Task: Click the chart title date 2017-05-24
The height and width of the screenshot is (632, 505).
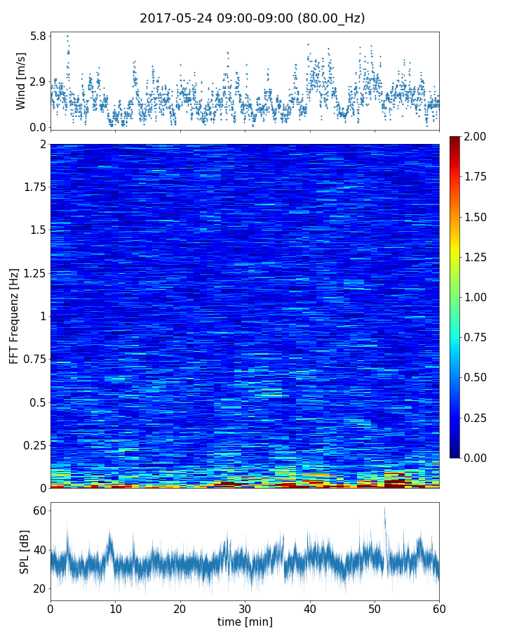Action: click(x=171, y=18)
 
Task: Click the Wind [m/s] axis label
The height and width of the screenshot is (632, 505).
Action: click(x=21, y=81)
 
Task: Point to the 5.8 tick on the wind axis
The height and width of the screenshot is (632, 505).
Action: click(x=38, y=35)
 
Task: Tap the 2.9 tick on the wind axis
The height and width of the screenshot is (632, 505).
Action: click(x=38, y=81)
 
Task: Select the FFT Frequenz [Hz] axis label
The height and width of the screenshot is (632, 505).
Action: click(x=14, y=316)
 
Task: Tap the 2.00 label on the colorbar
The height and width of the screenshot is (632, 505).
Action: click(x=477, y=136)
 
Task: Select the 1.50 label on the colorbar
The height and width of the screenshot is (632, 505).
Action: click(x=477, y=217)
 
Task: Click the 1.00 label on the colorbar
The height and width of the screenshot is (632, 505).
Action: click(x=477, y=297)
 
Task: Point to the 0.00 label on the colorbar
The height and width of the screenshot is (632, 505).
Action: click(x=477, y=458)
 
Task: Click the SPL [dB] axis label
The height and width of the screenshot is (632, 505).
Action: click(x=25, y=551)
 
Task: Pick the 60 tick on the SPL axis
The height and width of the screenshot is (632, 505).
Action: click(x=38, y=511)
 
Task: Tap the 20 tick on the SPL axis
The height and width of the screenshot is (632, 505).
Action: click(x=38, y=588)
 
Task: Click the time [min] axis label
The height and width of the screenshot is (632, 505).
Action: click(x=245, y=621)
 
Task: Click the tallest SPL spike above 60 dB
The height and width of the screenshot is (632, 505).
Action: click(x=384, y=508)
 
